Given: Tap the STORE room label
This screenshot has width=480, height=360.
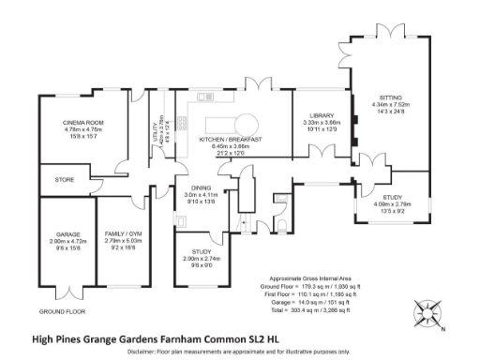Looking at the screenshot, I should pos(65,179).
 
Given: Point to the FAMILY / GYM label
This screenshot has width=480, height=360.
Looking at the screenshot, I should pos(127,233).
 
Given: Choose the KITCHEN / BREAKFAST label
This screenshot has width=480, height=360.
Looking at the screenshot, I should pos(230,140).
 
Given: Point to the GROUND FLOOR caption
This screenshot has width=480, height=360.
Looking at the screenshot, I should pos(63,310).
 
